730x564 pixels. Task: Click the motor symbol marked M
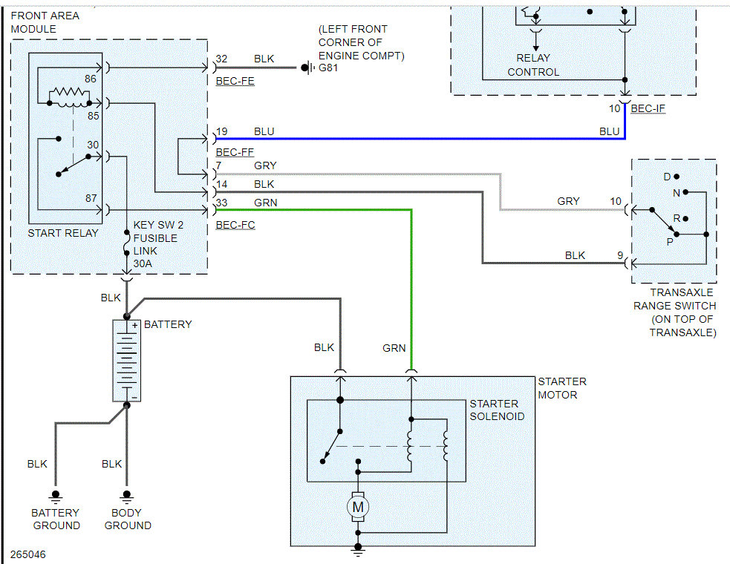pyautogui.click(x=358, y=507)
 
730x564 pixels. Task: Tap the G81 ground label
pyautogui.click(x=327, y=68)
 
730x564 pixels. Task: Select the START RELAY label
pyautogui.click(x=63, y=233)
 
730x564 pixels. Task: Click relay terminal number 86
pyautogui.click(x=90, y=78)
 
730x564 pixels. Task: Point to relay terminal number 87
pyautogui.click(x=91, y=199)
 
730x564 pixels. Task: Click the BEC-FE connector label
pyautogui.click(x=235, y=81)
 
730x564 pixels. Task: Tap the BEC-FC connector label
pyautogui.click(x=235, y=224)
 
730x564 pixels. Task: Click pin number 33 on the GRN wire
pyautogui.click(x=221, y=202)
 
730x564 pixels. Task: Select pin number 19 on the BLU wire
pyautogui.click(x=221, y=131)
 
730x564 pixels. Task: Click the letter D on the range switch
pyautogui.click(x=667, y=177)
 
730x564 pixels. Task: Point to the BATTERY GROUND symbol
pyautogui.click(x=54, y=495)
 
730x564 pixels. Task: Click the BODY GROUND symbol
pyautogui.click(x=127, y=495)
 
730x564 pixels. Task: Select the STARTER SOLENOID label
pyautogui.click(x=497, y=410)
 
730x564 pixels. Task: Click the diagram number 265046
pyautogui.click(x=28, y=554)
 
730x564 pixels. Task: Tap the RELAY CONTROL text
pyautogui.click(x=533, y=65)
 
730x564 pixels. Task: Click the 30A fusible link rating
pyautogui.click(x=143, y=263)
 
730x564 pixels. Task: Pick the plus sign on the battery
pyautogui.click(x=135, y=325)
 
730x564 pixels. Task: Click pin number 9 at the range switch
pyautogui.click(x=619, y=255)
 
